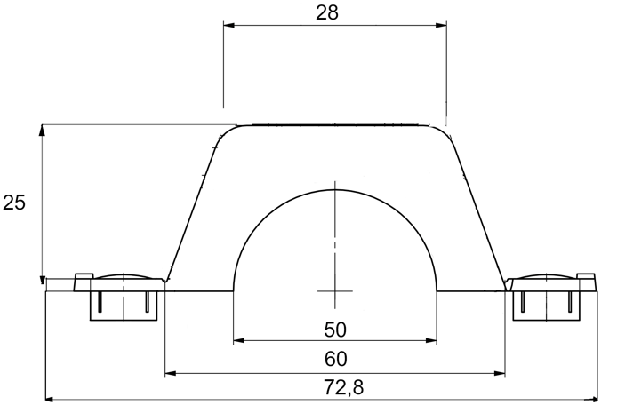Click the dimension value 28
[x=327, y=12]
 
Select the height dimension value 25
[x=13, y=203]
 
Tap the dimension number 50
[x=335, y=330]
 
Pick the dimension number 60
[x=336, y=359]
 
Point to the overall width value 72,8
[x=343, y=387]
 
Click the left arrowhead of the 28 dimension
[x=229, y=25]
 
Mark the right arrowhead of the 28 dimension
[x=441, y=25]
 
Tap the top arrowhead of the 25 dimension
[x=42, y=131]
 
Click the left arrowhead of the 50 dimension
[x=239, y=340]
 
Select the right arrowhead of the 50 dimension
[x=431, y=340]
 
